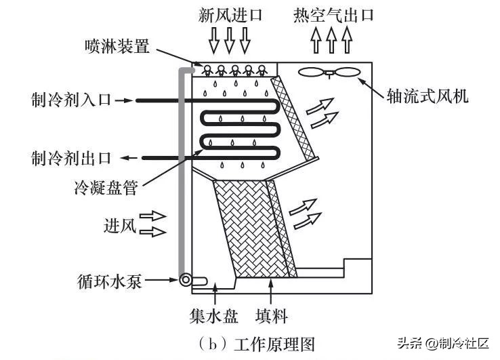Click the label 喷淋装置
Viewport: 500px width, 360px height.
(x=117, y=46)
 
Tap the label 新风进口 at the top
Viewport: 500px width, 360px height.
(x=230, y=15)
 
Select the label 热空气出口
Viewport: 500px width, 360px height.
(x=333, y=15)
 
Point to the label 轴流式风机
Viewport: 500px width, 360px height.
(x=428, y=96)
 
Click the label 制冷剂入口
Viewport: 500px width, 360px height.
(x=71, y=100)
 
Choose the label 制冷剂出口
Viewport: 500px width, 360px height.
(x=71, y=158)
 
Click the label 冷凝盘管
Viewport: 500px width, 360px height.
(x=106, y=187)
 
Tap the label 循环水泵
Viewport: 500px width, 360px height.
(x=109, y=281)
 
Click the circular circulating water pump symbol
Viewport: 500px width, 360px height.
(x=185, y=281)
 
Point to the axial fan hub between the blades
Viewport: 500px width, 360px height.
(x=329, y=74)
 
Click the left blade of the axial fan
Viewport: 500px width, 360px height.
(x=312, y=72)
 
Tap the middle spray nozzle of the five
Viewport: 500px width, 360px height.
(x=235, y=71)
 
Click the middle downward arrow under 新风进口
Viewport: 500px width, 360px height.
(x=229, y=40)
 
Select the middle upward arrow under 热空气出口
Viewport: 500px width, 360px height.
(x=331, y=40)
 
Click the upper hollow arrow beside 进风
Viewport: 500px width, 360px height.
(x=153, y=216)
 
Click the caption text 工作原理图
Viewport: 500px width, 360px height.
(x=274, y=344)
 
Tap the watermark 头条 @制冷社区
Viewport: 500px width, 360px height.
(x=443, y=344)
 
